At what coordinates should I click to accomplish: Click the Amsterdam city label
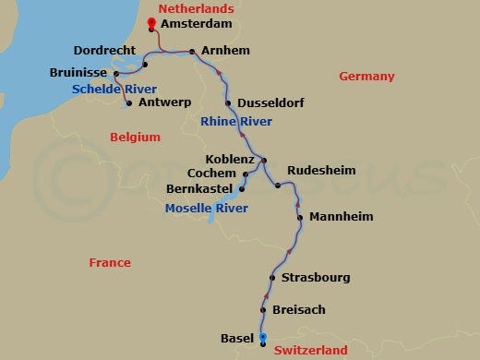[x=196, y=24]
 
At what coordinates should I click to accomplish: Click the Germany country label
[x=366, y=77]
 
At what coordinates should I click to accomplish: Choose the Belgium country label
[x=135, y=137]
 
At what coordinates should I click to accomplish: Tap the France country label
[x=110, y=263]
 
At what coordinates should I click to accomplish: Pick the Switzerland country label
[x=310, y=351]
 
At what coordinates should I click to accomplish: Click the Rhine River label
[x=235, y=122]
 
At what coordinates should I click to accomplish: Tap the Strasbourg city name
[x=316, y=278]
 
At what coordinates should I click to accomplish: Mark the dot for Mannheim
[x=301, y=218]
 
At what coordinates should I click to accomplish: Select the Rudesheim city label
[x=321, y=170]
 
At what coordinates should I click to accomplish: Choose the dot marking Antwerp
[x=128, y=103]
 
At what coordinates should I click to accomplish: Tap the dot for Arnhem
[x=191, y=52]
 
